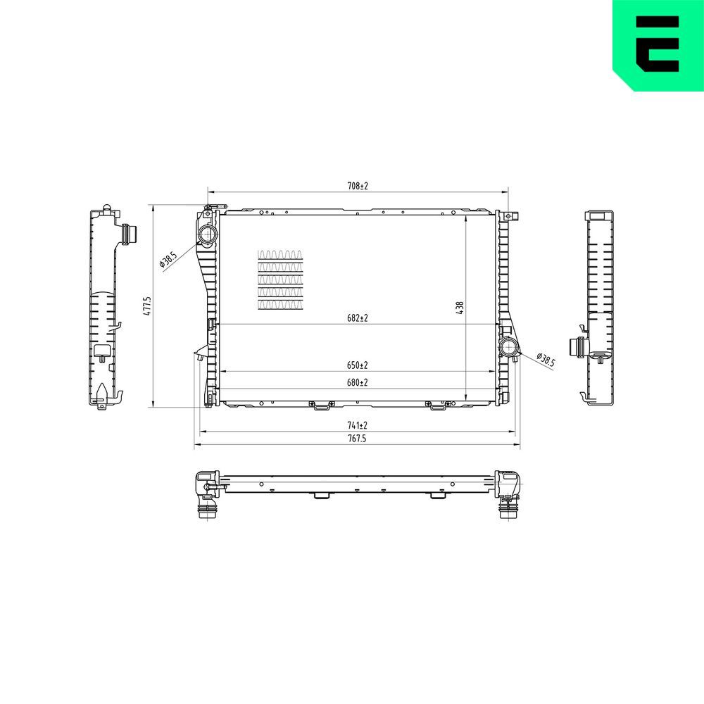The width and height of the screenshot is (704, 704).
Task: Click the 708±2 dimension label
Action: pyautogui.click(x=358, y=186)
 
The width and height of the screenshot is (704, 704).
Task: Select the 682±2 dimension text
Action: pyautogui.click(x=358, y=318)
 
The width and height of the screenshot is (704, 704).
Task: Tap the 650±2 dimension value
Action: pyautogui.click(x=358, y=365)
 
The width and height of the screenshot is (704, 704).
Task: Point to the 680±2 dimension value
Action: pyautogui.click(x=358, y=382)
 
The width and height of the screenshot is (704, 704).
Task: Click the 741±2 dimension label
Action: pyautogui.click(x=358, y=425)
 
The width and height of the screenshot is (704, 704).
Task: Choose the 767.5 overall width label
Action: pyautogui.click(x=358, y=438)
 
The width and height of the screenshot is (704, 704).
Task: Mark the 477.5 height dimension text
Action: pyautogui.click(x=148, y=306)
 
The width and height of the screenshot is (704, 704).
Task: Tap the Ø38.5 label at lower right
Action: pyautogui.click(x=546, y=360)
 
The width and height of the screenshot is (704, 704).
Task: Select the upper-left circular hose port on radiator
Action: pyautogui.click(x=207, y=234)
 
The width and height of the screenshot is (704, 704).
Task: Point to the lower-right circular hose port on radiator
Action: pyautogui.click(x=508, y=347)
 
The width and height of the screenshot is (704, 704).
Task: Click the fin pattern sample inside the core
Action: pyautogui.click(x=280, y=279)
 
